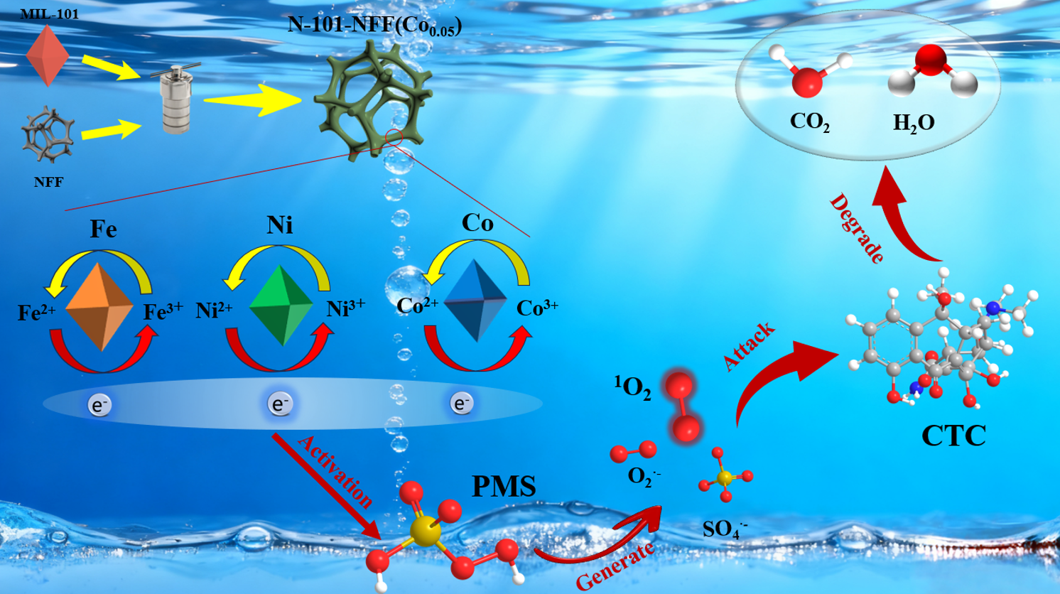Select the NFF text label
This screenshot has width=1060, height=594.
click(x=48, y=183)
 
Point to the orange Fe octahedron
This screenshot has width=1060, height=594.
click(x=100, y=307)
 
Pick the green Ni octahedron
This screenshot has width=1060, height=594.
click(x=282, y=306)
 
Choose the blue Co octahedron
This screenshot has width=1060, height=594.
click(x=475, y=301)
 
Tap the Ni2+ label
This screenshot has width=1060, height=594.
click(x=214, y=310)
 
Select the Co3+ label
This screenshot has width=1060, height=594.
click(x=537, y=308)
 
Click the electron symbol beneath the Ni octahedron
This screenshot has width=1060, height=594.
click(x=279, y=404)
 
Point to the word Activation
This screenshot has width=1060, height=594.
click(x=335, y=472)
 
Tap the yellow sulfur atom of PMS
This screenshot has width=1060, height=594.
click(x=426, y=531)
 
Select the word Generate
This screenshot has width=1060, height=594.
click(x=615, y=566)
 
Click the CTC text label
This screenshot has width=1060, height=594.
click(x=953, y=436)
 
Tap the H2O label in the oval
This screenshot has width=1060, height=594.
click(x=914, y=124)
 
